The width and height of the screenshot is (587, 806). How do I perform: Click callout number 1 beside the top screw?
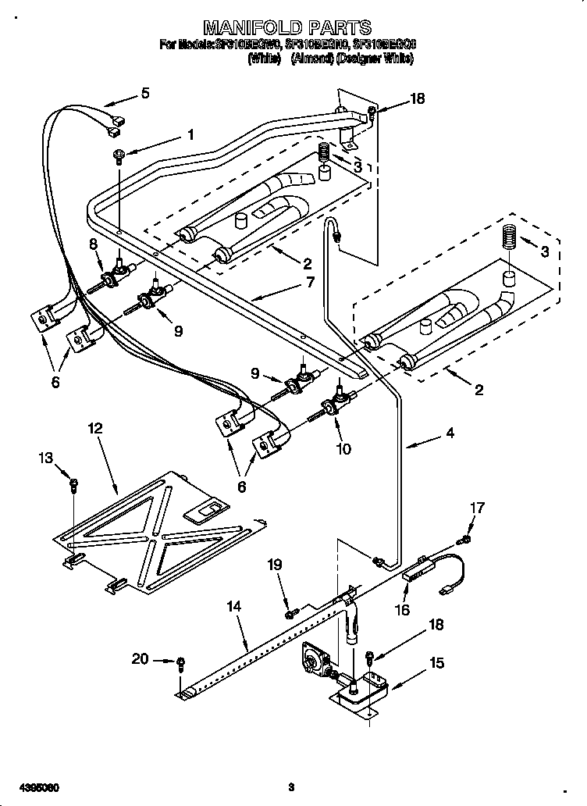(190, 134)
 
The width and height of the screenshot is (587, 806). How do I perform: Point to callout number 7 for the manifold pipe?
(310, 283)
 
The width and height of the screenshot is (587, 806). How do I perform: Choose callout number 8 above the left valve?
(94, 244)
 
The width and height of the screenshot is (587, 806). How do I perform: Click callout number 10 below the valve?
(343, 449)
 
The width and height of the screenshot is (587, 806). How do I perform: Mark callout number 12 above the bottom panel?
(94, 428)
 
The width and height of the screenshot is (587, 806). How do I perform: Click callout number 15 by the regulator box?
(437, 663)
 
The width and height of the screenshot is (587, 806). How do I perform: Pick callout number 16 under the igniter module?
(403, 610)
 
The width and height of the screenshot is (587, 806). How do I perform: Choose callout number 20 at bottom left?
(140, 659)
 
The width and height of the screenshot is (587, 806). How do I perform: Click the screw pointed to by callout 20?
(181, 664)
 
